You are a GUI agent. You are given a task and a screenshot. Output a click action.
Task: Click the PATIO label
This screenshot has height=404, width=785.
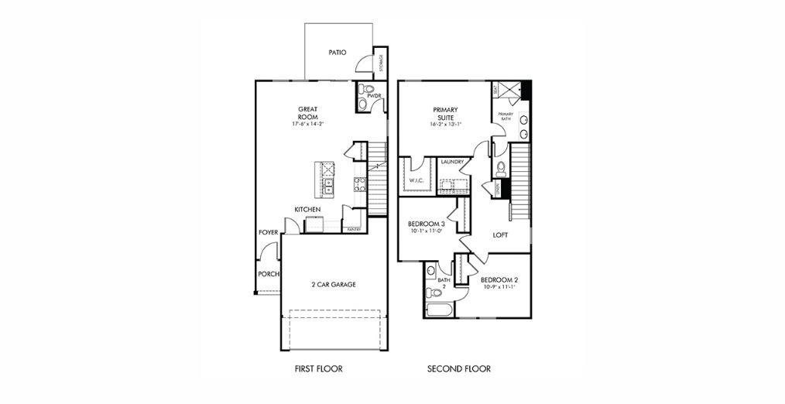tap(337, 53)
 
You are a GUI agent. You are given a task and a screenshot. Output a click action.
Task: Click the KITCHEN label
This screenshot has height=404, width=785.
tap(307, 210)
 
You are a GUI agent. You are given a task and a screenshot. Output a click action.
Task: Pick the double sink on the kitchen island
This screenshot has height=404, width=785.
tap(328, 186)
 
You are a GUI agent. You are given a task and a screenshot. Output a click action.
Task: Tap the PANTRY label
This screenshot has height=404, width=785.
tap(354, 230)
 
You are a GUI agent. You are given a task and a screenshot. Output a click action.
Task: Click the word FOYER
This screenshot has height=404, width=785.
tap(268, 231)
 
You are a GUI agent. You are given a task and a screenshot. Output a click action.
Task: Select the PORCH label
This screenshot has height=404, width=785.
tap(267, 274)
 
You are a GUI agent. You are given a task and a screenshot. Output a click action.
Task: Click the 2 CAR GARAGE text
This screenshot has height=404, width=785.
tap(334, 285)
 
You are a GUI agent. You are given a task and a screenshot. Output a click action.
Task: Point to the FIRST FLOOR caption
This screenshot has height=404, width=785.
tap(318, 369)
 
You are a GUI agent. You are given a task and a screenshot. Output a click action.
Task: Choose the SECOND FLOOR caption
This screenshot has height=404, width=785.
tap(459, 369)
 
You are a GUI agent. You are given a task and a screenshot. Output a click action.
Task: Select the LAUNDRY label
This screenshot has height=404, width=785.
tap(451, 162)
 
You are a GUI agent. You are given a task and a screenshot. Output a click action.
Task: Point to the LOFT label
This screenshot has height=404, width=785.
tap(500, 235)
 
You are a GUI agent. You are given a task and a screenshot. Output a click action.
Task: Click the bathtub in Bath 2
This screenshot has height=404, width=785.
tap(439, 310)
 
